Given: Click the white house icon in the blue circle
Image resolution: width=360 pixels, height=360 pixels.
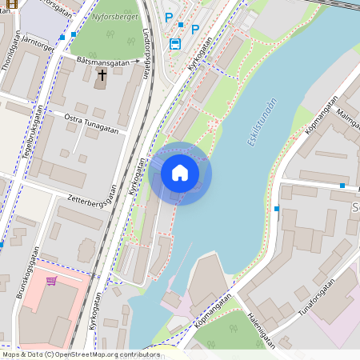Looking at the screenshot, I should (180, 173).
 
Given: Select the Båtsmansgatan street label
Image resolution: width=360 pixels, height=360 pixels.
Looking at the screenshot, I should (103, 60).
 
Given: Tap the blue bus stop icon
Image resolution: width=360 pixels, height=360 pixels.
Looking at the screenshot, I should (175, 43).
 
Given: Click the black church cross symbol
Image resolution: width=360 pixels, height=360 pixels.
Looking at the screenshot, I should (102, 75).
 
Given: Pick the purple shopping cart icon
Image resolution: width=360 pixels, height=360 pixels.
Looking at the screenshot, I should (51, 281).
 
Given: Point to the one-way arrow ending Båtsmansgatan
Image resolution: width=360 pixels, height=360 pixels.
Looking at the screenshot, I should (137, 60).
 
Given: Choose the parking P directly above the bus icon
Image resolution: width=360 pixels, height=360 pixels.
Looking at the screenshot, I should (168, 17).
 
